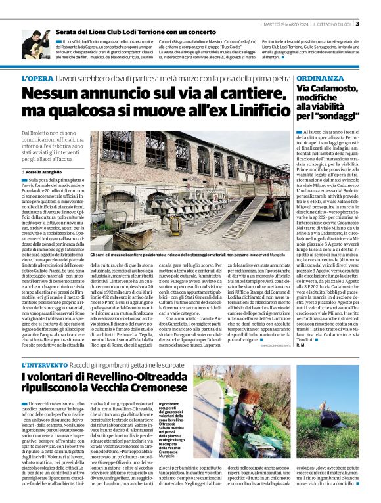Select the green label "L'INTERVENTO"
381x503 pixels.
[x=43, y=365]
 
